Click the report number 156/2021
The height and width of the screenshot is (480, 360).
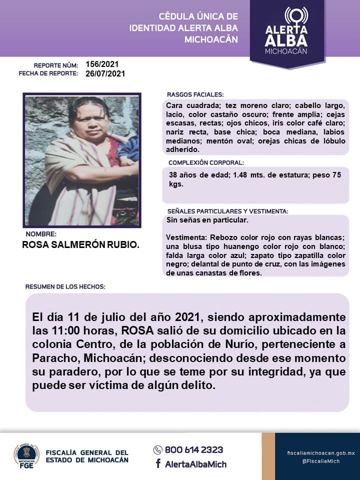click(x=102, y=64)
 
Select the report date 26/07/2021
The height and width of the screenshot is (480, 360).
click(x=105, y=73)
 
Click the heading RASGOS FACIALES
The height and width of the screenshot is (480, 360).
click(x=195, y=94)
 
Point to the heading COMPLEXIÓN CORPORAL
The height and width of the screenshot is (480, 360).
click(x=206, y=162)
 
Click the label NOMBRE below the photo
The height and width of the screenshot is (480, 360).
click(x=41, y=234)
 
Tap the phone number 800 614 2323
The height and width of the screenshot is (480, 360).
click(x=194, y=449)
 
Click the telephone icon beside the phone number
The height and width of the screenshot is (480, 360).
click(x=158, y=449)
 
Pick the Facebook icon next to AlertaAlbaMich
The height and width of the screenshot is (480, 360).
click(x=158, y=463)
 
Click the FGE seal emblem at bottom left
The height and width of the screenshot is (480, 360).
click(x=26, y=455)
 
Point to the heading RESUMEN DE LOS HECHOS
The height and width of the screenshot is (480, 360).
click(x=65, y=287)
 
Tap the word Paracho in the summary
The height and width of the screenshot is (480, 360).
click(x=56, y=358)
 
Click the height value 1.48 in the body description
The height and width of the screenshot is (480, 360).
click(x=227, y=175)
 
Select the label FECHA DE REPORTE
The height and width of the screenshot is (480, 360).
click(x=48, y=73)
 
